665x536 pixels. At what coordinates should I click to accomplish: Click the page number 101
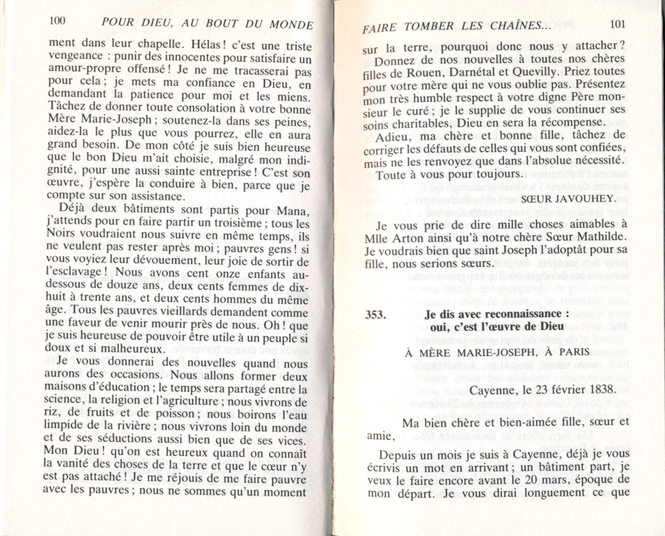coord(617,24)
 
